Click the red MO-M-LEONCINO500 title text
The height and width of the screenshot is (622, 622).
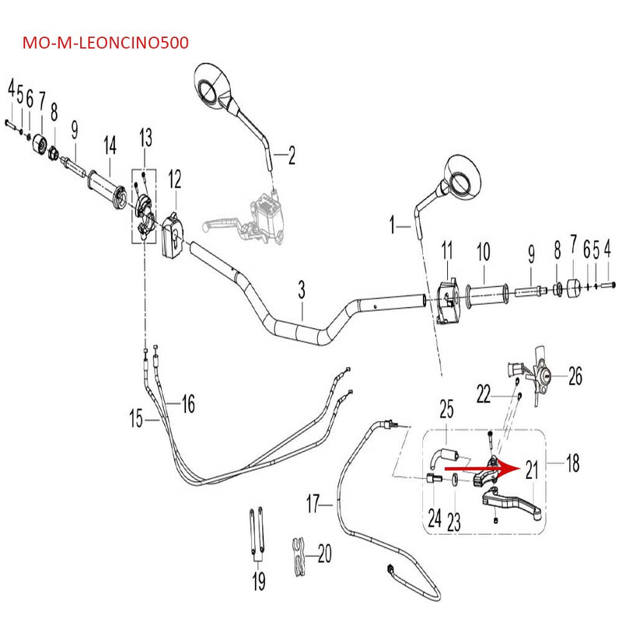coord(106,42)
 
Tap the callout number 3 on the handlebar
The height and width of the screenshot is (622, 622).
coord(302,290)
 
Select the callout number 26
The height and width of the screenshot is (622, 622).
coord(575,377)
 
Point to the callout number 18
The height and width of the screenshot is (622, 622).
coord(573,464)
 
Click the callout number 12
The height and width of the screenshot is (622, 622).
coord(174,180)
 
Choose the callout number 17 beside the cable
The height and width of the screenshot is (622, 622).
coord(313,504)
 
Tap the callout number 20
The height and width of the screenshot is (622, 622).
coord(325,554)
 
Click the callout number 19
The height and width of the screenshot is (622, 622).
coord(258,579)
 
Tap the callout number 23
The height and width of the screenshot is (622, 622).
coord(454,521)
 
